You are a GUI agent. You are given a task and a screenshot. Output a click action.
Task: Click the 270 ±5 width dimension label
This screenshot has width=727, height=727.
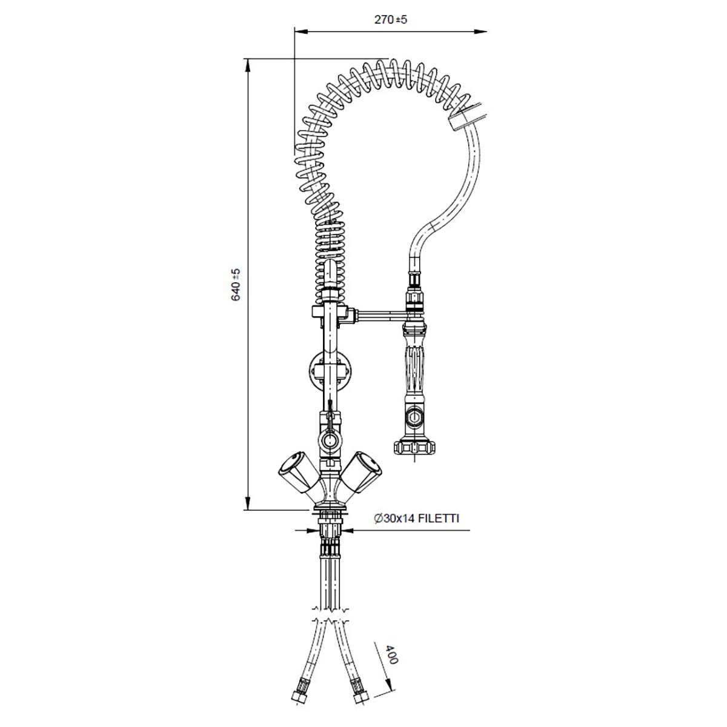pyautogui.click(x=391, y=19)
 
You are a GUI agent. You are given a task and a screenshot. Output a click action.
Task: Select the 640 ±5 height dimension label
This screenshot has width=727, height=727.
pyautogui.click(x=236, y=285)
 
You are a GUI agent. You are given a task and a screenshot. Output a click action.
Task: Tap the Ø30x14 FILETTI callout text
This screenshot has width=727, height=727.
pyautogui.click(x=416, y=519)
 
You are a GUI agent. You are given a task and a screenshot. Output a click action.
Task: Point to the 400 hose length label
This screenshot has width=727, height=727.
pyautogui.click(x=392, y=654)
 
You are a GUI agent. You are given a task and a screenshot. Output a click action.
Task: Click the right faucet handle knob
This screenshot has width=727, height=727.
pyautogui.click(x=362, y=472)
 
